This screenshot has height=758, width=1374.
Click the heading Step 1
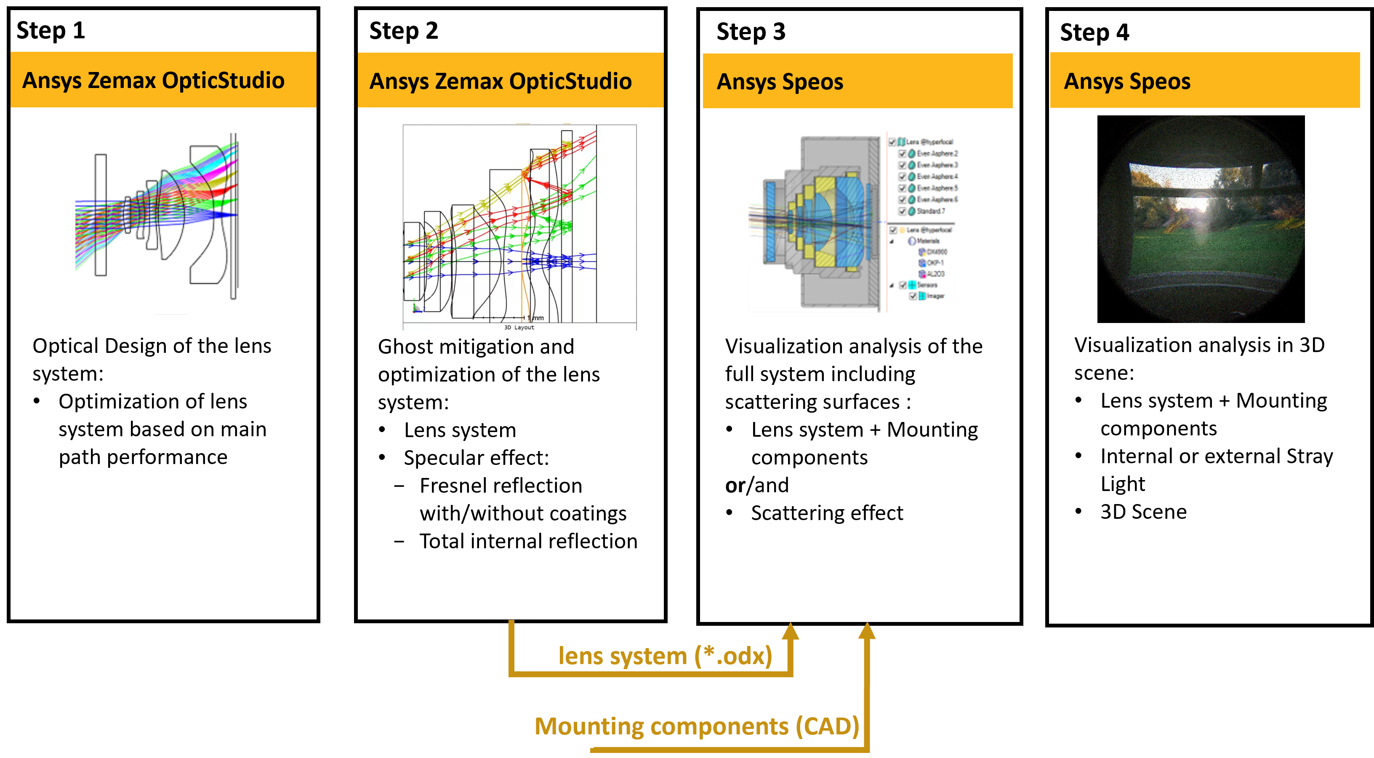(x=51, y=30)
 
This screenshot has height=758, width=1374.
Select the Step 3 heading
(x=751, y=32)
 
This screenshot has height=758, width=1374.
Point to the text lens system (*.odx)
(x=665, y=656)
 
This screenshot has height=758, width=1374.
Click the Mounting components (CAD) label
(x=697, y=726)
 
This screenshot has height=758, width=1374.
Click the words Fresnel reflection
(x=501, y=486)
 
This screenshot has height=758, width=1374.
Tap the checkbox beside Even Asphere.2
(x=903, y=154)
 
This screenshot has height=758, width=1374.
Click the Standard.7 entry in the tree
(x=931, y=211)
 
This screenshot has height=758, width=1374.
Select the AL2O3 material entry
(x=935, y=274)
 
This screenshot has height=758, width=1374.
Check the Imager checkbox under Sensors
(x=913, y=296)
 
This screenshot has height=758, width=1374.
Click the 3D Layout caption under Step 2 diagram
(x=519, y=328)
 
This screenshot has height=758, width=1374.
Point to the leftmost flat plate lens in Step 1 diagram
(x=101, y=215)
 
